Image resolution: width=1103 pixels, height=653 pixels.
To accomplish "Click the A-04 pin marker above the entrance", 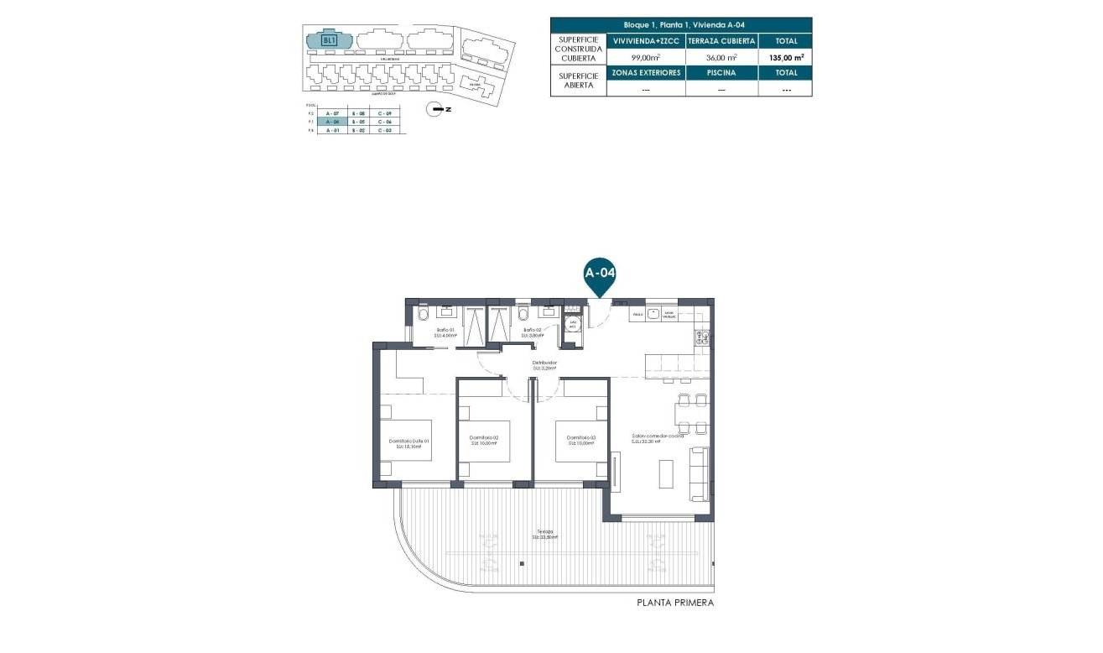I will [600, 274].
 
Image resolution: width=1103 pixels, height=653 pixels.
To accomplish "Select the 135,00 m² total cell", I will [785, 57].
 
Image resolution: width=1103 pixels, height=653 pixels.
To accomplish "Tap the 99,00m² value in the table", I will [645, 57].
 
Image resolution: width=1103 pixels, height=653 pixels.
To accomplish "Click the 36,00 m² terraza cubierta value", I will [721, 57].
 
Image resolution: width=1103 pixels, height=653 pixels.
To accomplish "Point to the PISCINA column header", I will [721, 73].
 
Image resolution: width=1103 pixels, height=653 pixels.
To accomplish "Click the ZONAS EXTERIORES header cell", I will [645, 73].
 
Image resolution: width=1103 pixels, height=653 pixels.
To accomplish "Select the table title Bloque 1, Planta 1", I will [680, 25].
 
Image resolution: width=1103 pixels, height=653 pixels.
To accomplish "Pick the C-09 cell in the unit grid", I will [385, 112].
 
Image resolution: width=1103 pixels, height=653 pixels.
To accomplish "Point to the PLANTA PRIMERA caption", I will [676, 603].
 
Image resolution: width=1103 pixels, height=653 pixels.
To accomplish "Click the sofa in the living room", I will [698, 474].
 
